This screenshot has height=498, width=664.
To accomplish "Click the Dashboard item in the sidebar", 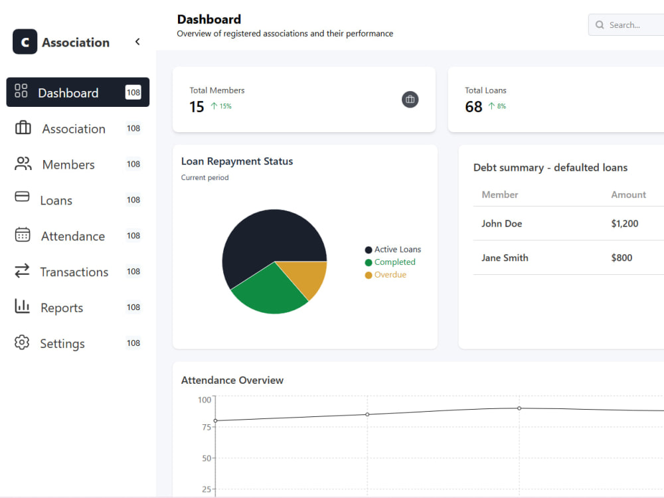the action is [x=78, y=92].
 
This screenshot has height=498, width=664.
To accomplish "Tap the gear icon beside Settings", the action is [x=22, y=343].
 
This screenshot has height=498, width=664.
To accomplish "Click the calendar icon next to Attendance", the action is [x=23, y=234].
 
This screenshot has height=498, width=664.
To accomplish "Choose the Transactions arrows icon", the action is [x=22, y=271].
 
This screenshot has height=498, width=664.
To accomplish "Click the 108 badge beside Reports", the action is [x=133, y=307].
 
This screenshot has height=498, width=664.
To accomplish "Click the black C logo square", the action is [x=25, y=41].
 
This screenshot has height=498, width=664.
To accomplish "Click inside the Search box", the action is [x=626, y=25].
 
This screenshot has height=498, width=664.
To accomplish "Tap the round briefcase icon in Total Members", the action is [x=410, y=100].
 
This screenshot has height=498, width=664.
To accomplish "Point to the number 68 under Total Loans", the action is [x=473, y=107].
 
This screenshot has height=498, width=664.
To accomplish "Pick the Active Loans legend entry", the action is [x=393, y=250].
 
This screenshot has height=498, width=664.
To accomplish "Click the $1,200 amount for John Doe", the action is [x=625, y=224].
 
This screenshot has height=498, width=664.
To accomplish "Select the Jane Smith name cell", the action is [x=505, y=258].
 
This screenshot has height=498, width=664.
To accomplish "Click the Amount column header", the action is [x=628, y=195].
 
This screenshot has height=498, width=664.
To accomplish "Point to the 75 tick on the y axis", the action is [x=207, y=427].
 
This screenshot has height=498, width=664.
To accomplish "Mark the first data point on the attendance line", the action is [x=216, y=420].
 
